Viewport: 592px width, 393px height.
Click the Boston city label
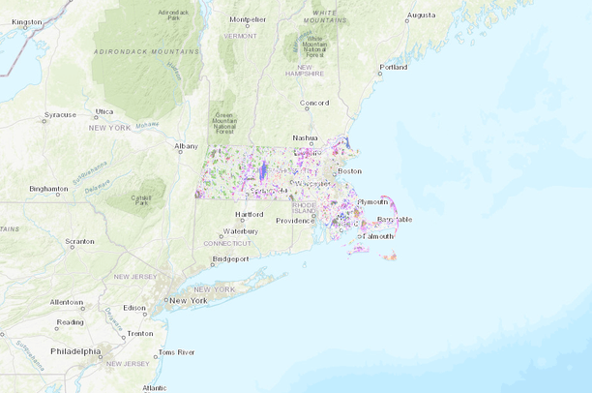tap(349, 171)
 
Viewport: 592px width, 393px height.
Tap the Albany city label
tap(186, 146)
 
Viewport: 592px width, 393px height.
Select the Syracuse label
tap(59, 115)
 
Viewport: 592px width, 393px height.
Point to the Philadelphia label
tap(76, 351)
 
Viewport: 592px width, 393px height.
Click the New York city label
tap(189, 301)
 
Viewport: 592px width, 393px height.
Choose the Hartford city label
tap(250, 214)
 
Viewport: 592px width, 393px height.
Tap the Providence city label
tap(295, 221)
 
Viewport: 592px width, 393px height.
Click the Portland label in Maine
tap(394, 67)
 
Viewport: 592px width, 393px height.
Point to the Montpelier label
tap(248, 18)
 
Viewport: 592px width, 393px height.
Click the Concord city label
tap(315, 103)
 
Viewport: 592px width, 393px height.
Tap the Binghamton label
tap(48, 189)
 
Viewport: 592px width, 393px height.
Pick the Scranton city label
tap(79, 240)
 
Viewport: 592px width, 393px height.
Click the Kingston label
tap(26, 21)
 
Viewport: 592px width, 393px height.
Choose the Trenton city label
tap(140, 333)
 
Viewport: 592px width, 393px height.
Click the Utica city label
tap(104, 111)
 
